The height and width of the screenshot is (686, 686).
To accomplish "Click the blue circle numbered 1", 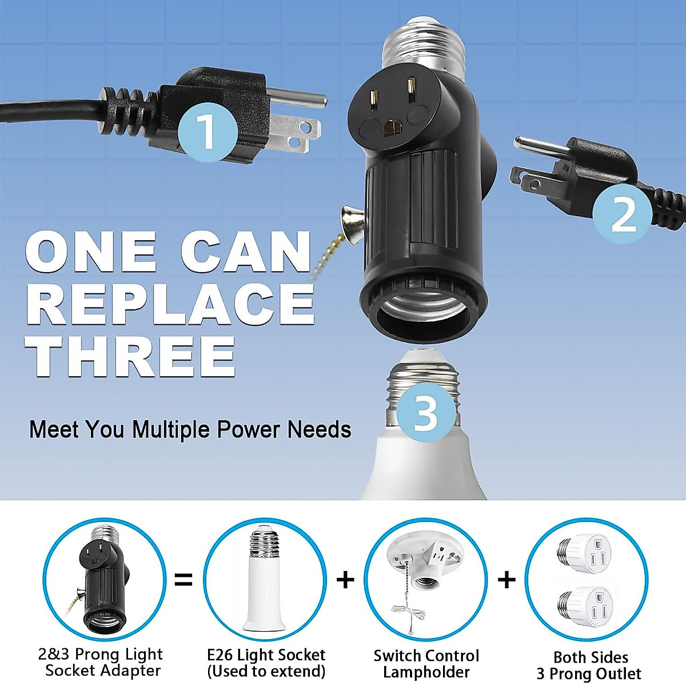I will pyautogui.click(x=206, y=131).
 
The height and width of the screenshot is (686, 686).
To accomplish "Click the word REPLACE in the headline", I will pyautogui.click(x=170, y=303).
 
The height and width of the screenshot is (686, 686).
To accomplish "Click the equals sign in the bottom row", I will pyautogui.click(x=183, y=580).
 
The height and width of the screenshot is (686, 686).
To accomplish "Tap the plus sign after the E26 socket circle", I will pyautogui.click(x=345, y=580).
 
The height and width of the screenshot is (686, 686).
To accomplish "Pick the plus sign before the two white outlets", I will pyautogui.click(x=506, y=580).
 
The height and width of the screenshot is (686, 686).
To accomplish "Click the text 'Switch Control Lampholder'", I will pyautogui.click(x=426, y=664).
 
